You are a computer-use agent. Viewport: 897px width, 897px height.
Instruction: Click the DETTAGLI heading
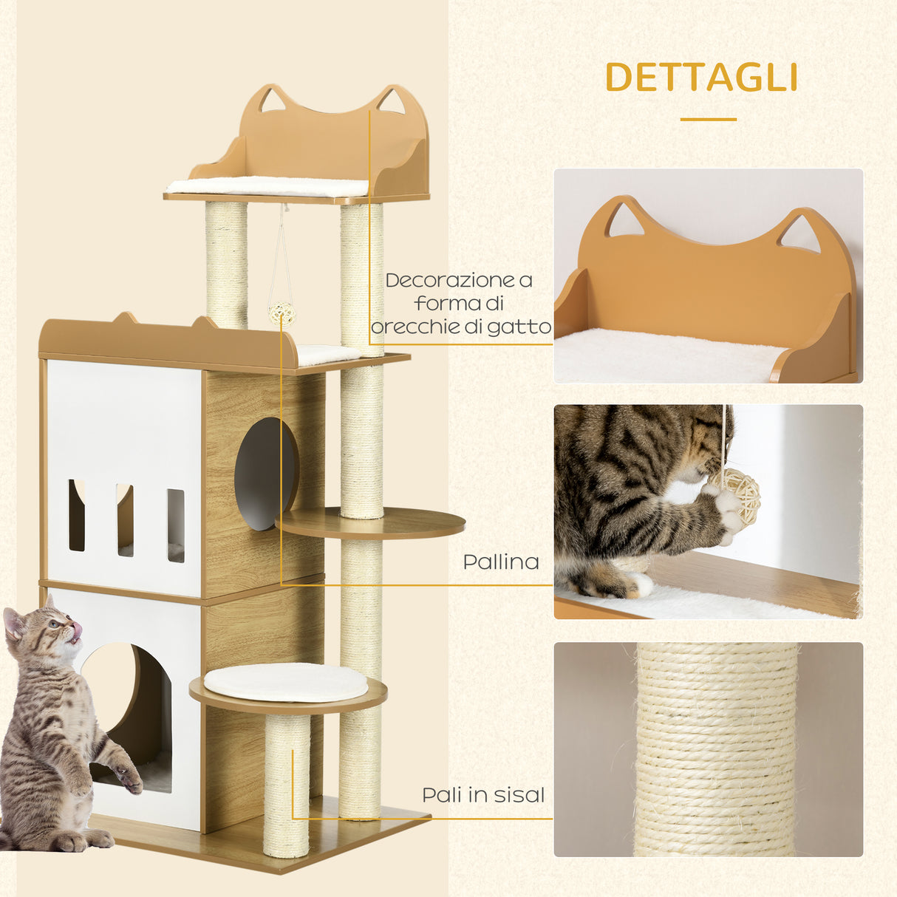(700, 77)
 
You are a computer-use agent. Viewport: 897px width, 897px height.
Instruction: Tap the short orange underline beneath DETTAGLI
(708, 119)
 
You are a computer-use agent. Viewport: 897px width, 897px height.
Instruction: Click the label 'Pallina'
(500, 562)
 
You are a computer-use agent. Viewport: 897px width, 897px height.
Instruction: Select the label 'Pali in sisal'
(483, 795)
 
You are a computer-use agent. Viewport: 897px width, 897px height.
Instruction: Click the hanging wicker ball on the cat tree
(282, 315)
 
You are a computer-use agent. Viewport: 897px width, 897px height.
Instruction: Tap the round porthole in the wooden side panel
(266, 474)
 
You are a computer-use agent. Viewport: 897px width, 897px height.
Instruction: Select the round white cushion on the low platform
(285, 681)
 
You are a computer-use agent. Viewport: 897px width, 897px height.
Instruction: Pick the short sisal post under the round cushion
(286, 783)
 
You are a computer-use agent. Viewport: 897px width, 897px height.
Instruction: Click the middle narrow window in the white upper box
(124, 520)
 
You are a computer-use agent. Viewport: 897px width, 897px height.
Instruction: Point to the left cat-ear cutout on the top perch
(273, 99)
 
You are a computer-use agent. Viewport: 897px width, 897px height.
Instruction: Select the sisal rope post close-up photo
(708, 749)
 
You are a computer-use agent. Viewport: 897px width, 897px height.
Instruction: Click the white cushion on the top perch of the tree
(267, 186)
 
